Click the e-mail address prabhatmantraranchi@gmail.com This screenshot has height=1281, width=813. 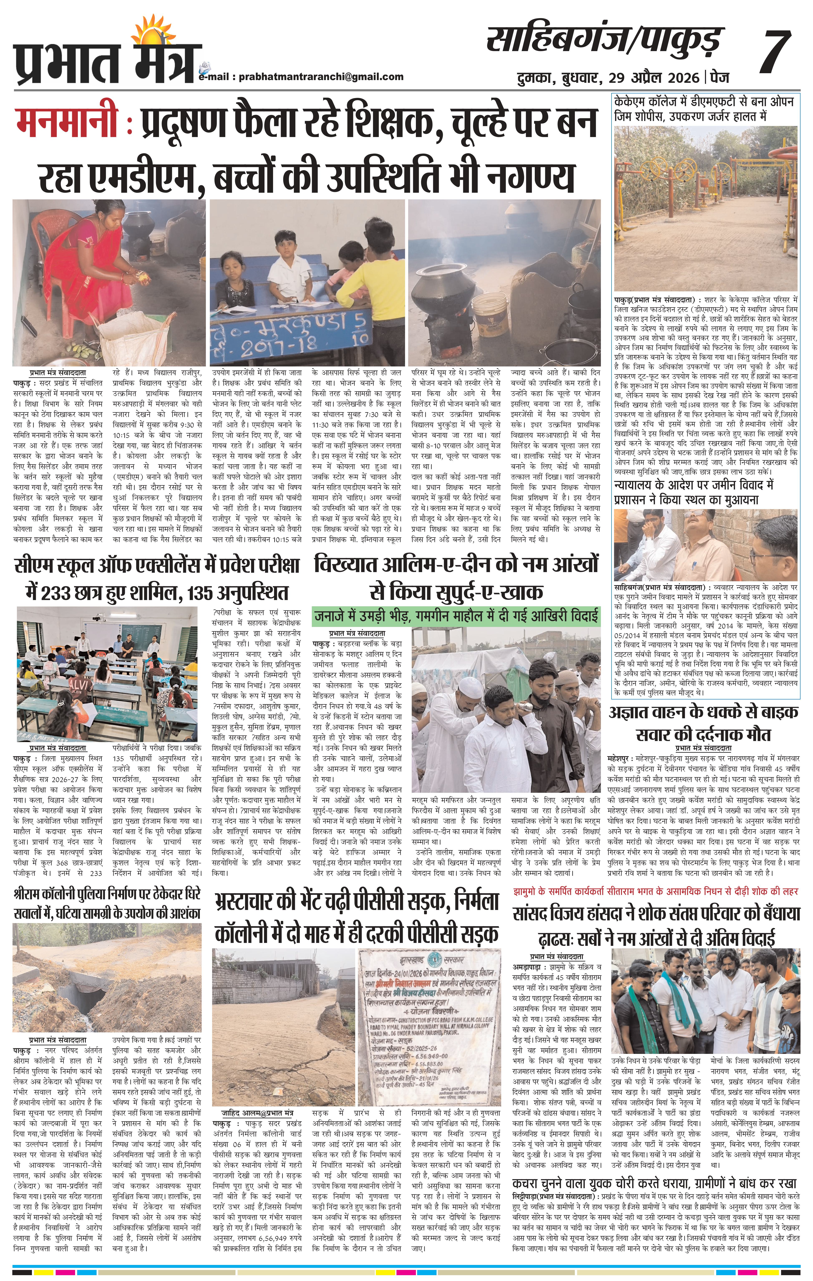click(321, 77)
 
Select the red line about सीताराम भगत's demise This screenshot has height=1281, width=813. click(656, 891)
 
